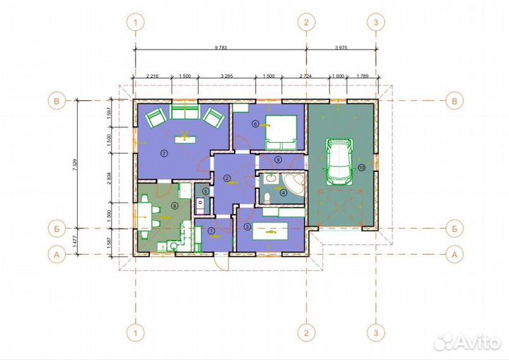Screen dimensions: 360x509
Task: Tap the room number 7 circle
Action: click(163, 152)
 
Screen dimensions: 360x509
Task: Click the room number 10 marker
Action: click(361, 168)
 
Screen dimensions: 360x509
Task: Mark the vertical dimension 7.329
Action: click(74, 165)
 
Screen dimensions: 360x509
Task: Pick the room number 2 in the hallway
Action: click(226, 178)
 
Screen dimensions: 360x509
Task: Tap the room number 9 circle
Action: click(279, 160)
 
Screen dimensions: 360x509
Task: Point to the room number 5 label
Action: click(205, 191)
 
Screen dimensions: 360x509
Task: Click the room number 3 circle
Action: click(247, 226)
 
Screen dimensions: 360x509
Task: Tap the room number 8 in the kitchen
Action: click(175, 206)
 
